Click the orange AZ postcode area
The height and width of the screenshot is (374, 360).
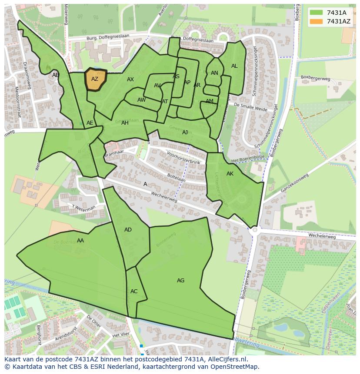(x=95, y=79)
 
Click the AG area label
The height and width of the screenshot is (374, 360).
(x=180, y=281)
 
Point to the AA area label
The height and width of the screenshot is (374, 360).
(x=80, y=241)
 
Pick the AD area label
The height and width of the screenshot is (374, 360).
(x=128, y=230)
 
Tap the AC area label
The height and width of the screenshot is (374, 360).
(x=134, y=291)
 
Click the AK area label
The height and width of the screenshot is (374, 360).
(x=230, y=174)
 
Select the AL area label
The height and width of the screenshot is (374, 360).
(x=234, y=66)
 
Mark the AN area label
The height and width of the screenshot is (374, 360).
(x=214, y=73)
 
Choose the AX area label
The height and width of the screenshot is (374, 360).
(x=130, y=79)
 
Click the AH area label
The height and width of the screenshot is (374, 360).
(x=125, y=123)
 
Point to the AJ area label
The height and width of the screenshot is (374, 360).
(x=185, y=132)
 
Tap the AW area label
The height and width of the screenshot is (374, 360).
(x=141, y=100)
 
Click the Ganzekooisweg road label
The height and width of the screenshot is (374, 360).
(x=294, y=183)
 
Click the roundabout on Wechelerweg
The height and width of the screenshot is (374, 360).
(x=254, y=229)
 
